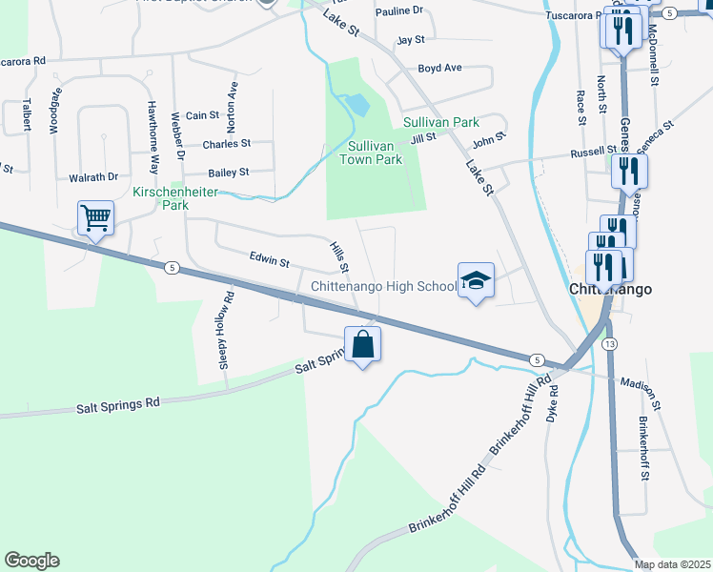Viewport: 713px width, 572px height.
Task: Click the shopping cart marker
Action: click(96, 218)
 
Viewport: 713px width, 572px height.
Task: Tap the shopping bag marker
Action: click(362, 344)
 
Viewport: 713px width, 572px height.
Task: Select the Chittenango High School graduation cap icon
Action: click(477, 280)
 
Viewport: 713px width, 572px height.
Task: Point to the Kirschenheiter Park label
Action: click(176, 197)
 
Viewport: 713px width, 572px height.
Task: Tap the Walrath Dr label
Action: click(93, 176)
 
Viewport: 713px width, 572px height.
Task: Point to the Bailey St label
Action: click(229, 173)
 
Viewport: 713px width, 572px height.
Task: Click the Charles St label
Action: click(226, 144)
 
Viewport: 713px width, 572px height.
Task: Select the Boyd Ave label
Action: click(439, 69)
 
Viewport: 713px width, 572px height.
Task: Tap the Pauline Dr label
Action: click(398, 10)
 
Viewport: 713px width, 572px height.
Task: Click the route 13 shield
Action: click(610, 342)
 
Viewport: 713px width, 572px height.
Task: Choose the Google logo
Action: click(31, 561)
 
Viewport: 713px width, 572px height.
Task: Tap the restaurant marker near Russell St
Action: click(628, 172)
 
